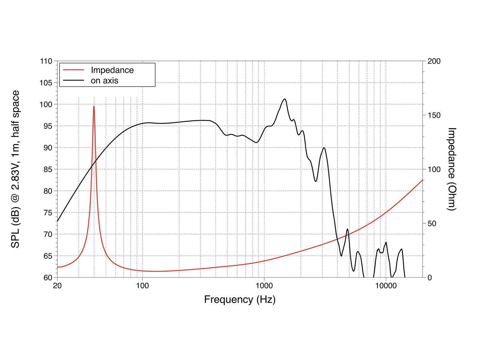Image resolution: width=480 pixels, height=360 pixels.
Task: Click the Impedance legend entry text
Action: point(112,70)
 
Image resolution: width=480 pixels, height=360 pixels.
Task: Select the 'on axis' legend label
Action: point(104,80)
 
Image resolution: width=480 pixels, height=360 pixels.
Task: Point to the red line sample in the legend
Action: point(73,70)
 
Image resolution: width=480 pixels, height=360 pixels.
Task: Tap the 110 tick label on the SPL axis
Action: point(46,61)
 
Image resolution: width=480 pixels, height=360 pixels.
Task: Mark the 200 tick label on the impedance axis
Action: point(434,61)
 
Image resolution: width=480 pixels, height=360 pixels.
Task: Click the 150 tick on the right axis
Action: point(434,115)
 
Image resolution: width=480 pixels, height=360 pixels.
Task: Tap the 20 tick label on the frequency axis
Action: point(57,285)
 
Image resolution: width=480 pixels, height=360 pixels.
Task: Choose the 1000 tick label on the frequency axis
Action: point(264,285)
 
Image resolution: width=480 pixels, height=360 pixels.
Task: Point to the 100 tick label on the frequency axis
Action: point(142,285)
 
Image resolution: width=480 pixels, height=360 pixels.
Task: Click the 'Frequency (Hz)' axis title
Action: point(240,299)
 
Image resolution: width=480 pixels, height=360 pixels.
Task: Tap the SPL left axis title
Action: point(15,169)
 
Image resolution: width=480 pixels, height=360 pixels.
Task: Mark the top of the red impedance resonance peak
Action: point(94,106)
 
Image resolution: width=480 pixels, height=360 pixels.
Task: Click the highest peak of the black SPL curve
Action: point(285,99)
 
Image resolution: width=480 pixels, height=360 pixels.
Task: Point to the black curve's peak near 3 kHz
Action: point(324,148)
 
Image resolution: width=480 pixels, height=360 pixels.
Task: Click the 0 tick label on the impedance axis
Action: point(430,277)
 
